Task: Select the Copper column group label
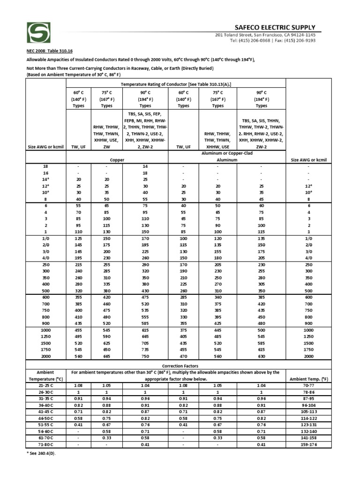(x=117, y=160)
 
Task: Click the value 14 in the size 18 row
(x=144, y=166)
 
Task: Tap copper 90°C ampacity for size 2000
(x=144, y=356)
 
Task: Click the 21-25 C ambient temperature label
(x=46, y=385)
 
